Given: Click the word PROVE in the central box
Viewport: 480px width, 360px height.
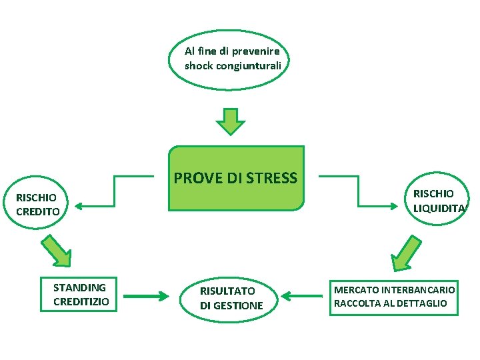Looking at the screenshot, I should pos(193,178).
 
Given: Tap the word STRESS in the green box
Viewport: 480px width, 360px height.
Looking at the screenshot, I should pos(271,178).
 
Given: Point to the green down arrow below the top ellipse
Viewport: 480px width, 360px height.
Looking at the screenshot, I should pos(231,122).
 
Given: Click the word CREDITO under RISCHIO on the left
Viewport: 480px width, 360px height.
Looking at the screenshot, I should pos(38,212).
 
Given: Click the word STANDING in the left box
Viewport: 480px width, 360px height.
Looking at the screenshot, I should pos(79,288).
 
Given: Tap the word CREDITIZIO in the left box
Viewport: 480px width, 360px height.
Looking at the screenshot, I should pos(81,302).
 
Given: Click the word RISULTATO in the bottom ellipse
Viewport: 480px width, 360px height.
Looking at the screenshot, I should pos(227,291).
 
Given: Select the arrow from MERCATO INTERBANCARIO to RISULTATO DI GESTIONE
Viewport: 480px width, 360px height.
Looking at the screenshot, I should pos(304,295).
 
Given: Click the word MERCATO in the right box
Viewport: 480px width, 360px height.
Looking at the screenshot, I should pos(356,290).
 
